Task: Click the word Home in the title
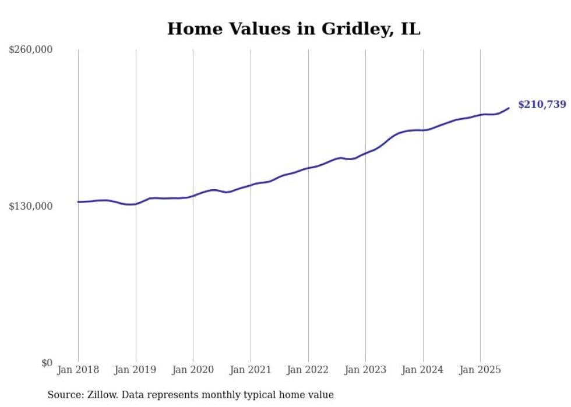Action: tap(195, 29)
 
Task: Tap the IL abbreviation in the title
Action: tap(410, 29)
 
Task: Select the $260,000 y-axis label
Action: tap(30, 49)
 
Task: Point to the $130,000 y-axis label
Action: tap(30, 206)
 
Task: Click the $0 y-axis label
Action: tap(47, 363)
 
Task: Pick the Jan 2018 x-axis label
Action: tap(78, 370)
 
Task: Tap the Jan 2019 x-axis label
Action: tap(135, 370)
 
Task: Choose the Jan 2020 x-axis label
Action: tap(193, 370)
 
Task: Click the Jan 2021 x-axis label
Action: tap(251, 370)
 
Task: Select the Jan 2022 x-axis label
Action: tap(308, 370)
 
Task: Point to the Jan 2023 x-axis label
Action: tap(365, 370)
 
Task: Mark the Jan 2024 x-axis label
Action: tap(422, 370)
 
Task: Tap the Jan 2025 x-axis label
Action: tap(480, 370)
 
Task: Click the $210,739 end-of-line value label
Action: tap(542, 104)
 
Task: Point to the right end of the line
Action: tap(509, 108)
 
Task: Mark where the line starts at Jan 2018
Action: tap(78, 201)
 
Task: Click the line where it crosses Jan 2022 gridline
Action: tap(308, 168)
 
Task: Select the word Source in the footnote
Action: tap(65, 395)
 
